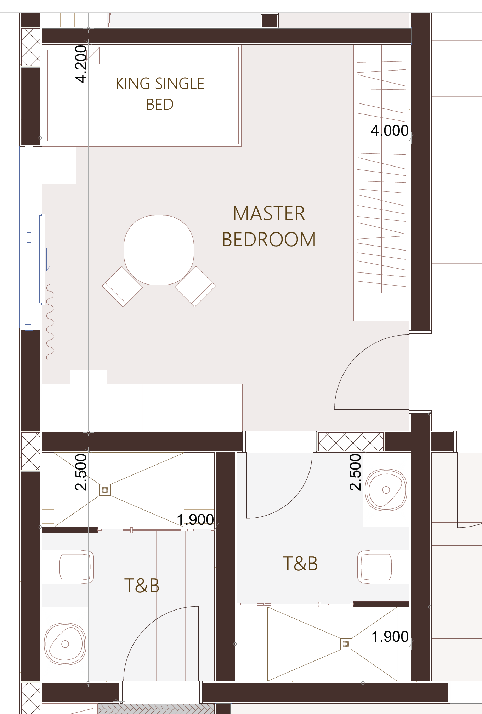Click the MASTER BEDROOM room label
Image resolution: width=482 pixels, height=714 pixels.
pyautogui.click(x=269, y=226)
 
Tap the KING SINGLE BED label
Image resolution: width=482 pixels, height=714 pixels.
pyautogui.click(x=160, y=94)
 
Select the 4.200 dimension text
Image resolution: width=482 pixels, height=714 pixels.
pyautogui.click(x=81, y=64)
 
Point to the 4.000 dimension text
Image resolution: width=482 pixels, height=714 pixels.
pyautogui.click(x=390, y=130)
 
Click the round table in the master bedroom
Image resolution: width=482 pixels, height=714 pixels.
pyautogui.click(x=159, y=250)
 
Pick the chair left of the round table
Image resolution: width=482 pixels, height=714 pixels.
pyautogui.click(x=122, y=286)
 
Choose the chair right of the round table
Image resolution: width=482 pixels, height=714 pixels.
pyautogui.click(x=195, y=286)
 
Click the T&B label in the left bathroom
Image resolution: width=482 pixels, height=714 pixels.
pyautogui.click(x=142, y=585)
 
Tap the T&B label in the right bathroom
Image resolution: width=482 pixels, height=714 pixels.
pyautogui.click(x=300, y=563)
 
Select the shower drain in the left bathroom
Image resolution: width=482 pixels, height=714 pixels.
pyautogui.click(x=105, y=490)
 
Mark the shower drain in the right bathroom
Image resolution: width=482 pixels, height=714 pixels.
pyautogui.click(x=346, y=644)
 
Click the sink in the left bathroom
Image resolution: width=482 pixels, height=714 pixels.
pyautogui.click(x=65, y=644)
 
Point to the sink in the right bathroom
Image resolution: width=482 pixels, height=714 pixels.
pyautogui.click(x=386, y=490)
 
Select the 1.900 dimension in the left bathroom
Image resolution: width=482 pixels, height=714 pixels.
pyautogui.click(x=195, y=519)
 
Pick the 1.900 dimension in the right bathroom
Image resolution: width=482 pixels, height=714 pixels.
pyautogui.click(x=390, y=636)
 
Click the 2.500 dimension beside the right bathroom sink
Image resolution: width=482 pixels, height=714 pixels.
pyautogui.click(x=355, y=472)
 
